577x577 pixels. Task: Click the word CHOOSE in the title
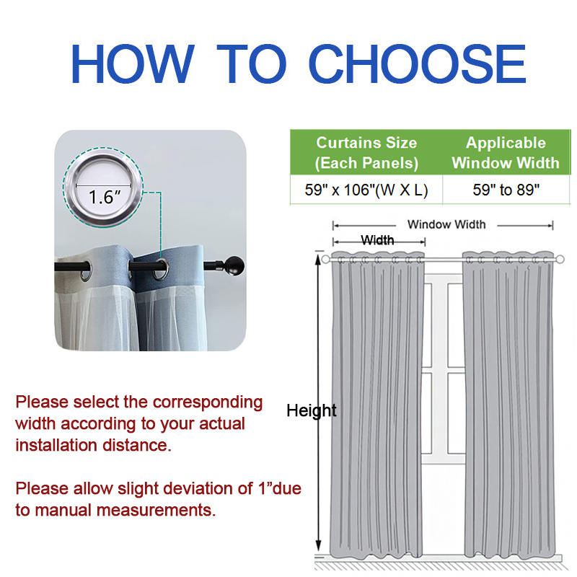[418, 63]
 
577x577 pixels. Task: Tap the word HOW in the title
[133, 63]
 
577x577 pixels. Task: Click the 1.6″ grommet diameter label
[105, 197]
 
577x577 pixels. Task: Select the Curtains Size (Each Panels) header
[366, 153]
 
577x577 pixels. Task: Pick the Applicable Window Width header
[506, 153]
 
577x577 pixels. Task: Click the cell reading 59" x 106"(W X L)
[366, 190]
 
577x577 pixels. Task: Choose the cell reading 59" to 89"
[506, 190]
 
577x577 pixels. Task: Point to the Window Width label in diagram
[446, 224]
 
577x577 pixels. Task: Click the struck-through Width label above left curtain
[377, 240]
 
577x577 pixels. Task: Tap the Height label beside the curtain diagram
[312, 410]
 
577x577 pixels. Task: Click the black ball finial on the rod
[234, 265]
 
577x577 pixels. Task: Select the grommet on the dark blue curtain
[161, 270]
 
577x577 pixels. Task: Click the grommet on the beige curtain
[86, 271]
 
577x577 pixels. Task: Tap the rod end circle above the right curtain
[560, 260]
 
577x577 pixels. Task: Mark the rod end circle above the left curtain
[325, 260]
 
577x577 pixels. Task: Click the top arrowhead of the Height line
[318, 258]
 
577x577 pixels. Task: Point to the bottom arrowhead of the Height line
[318, 545]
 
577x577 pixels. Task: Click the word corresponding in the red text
[208, 402]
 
